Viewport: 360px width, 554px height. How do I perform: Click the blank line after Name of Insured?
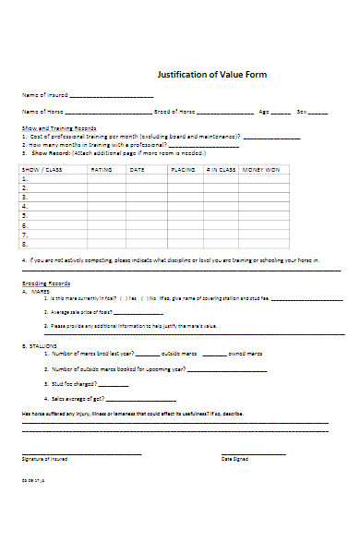(x=112, y=96)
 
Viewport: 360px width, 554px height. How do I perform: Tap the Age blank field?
(x=279, y=112)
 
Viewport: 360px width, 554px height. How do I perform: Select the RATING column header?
(x=102, y=171)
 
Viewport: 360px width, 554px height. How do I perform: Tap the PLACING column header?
(x=183, y=171)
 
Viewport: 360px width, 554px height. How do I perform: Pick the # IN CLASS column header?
(x=221, y=171)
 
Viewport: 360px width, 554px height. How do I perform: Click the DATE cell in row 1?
(x=144, y=181)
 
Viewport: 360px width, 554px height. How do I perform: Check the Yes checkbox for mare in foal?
(x=126, y=298)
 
